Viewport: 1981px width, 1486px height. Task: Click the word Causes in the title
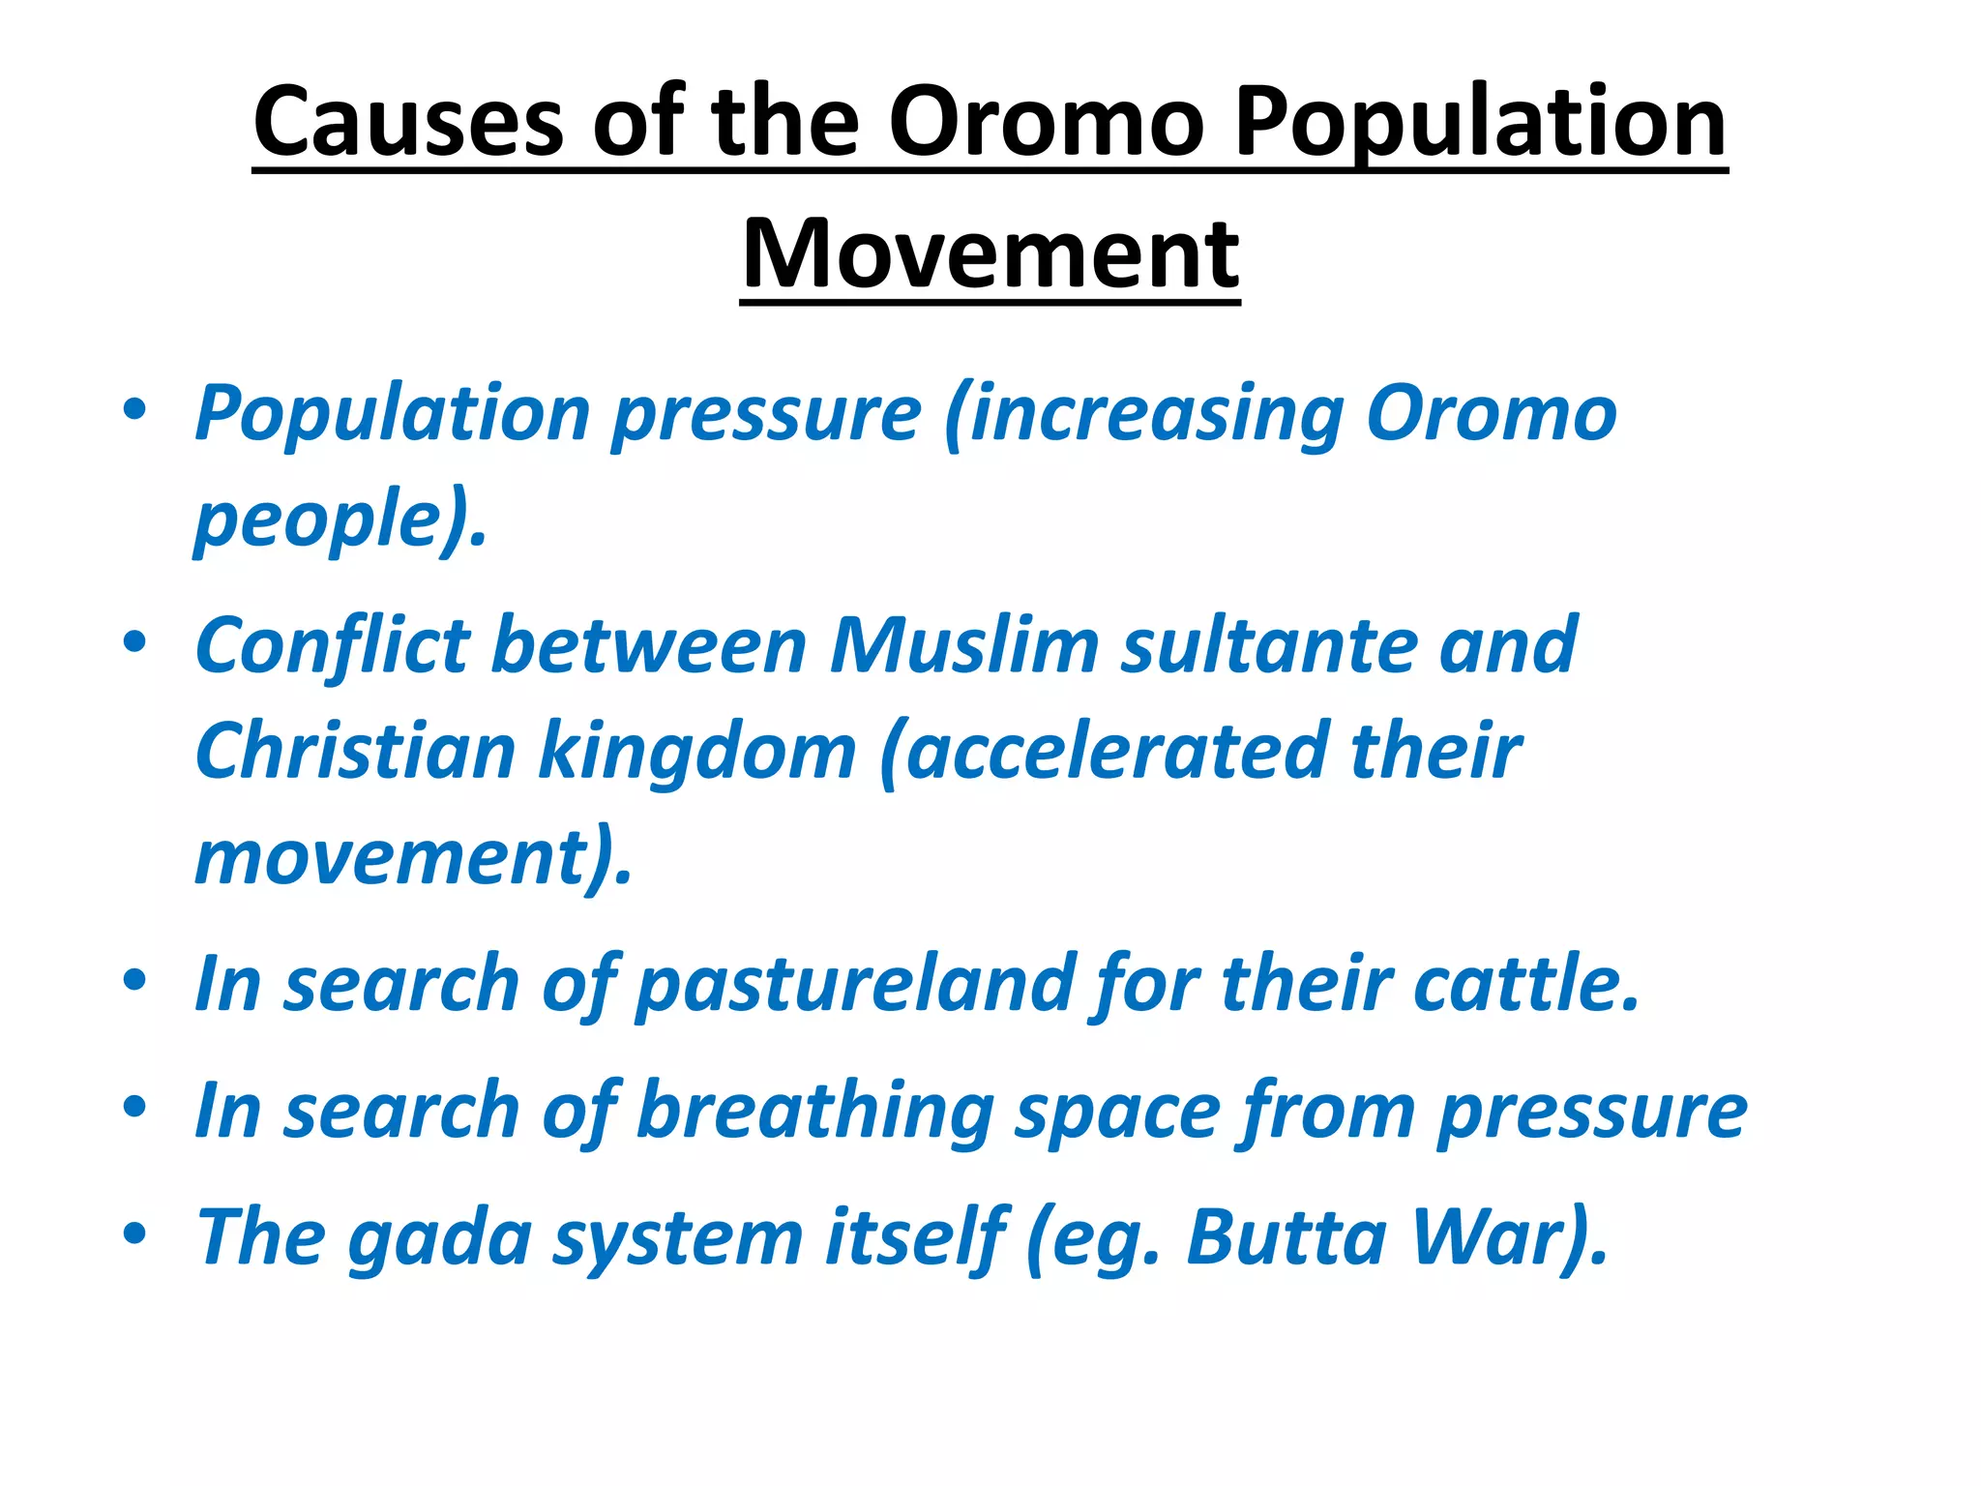tap(408, 122)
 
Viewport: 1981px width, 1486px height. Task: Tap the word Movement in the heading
tap(990, 254)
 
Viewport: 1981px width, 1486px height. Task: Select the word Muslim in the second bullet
tap(964, 645)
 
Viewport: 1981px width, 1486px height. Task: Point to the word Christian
tap(355, 752)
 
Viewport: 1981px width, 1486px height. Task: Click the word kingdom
tap(697, 752)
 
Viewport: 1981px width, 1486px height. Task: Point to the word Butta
tap(1286, 1236)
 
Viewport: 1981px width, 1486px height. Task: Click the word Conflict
tap(331, 645)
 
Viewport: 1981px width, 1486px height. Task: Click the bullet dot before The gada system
tap(134, 1233)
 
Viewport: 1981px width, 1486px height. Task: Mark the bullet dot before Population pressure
tap(134, 409)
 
